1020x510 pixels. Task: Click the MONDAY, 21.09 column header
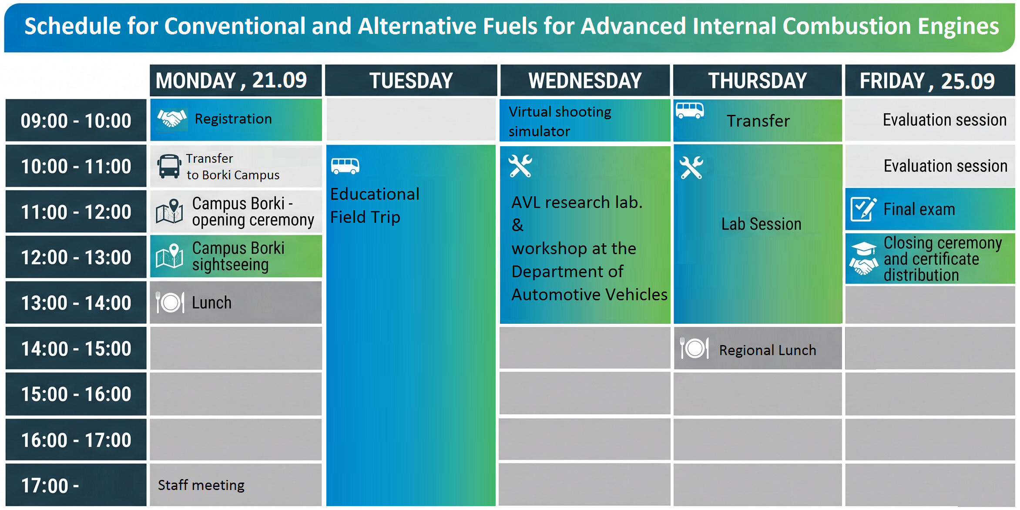tap(235, 81)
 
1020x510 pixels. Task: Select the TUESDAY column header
tap(411, 81)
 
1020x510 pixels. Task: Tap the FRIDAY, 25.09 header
tap(929, 81)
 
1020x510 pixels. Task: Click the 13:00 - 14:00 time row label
tap(76, 303)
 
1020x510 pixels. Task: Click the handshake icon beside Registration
tap(172, 118)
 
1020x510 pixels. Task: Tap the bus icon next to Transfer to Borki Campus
tap(169, 166)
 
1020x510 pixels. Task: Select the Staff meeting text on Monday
tap(201, 485)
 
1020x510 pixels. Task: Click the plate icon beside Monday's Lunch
tap(170, 302)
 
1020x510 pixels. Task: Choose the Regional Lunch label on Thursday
tap(768, 350)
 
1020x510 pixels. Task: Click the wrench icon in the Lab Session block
tap(691, 168)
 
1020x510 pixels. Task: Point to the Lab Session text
tap(761, 224)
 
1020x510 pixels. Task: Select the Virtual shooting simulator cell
tap(585, 121)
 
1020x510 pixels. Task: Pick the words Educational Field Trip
tap(375, 205)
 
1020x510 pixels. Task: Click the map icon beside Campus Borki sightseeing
tap(170, 256)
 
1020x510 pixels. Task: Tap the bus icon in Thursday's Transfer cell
tap(690, 111)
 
